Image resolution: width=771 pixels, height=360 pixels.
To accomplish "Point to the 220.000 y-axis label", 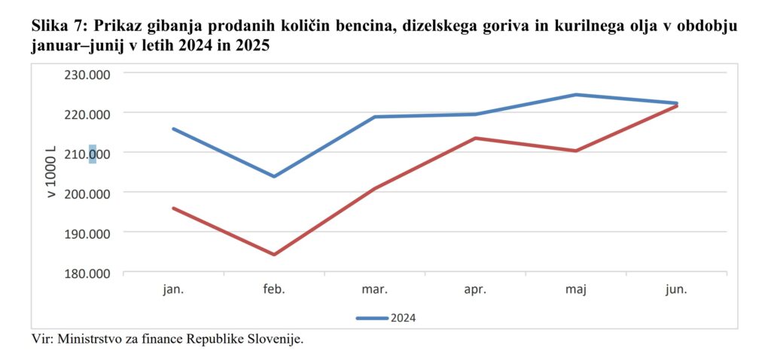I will tap(88, 114).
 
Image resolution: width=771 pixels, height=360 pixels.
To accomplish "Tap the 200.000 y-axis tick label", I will tap(88, 194).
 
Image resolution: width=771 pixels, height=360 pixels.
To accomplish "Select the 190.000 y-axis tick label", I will tap(88, 233).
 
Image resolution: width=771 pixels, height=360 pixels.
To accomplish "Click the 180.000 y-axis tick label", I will tap(88, 273).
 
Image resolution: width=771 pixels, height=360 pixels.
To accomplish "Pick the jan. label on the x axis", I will tap(173, 289).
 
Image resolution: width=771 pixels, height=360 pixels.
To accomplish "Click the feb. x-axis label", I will tap(274, 289).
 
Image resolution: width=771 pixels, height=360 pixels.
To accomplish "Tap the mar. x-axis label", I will tap(374, 289).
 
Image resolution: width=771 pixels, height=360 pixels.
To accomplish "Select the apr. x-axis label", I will tap(475, 289).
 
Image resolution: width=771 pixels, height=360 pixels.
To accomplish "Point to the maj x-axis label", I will tap(576, 289).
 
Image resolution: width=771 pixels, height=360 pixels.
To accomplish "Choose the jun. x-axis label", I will tap(677, 289).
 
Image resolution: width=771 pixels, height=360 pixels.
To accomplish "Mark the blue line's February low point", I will tap(274, 176).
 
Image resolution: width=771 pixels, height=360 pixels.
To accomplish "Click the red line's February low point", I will tap(274, 255).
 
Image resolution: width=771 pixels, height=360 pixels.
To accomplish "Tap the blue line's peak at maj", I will tap(576, 95).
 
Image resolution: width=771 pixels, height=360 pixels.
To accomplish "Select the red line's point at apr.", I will tap(475, 138).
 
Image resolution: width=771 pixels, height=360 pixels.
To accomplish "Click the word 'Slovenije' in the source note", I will tap(276, 339).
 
